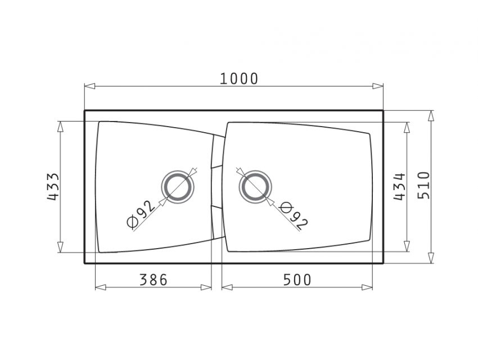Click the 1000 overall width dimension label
238,79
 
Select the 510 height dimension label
423,186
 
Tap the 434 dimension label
399,187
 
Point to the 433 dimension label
53,187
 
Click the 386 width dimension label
154,280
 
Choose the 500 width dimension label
297,280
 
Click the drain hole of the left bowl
177,187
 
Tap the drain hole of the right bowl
255,187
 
